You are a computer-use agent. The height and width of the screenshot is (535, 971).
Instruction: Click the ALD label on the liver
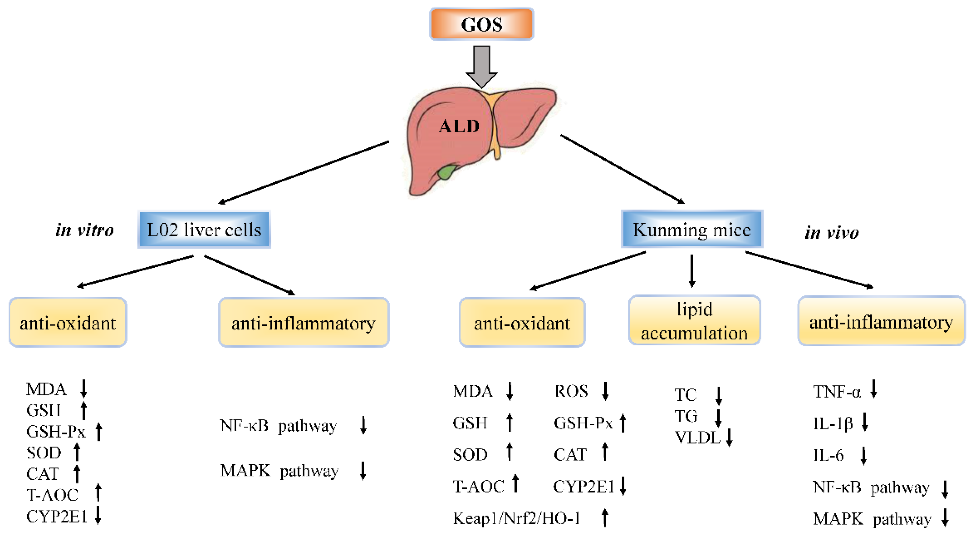[x=459, y=126]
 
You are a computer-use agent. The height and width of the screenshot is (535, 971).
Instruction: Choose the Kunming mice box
[x=692, y=229]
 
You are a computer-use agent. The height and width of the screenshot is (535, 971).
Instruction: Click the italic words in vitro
[x=84, y=230]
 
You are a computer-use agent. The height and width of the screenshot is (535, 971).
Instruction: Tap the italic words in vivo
[x=832, y=232]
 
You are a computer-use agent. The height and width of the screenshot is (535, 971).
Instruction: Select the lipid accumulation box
[x=694, y=321]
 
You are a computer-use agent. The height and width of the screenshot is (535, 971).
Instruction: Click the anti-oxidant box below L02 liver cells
[x=68, y=323]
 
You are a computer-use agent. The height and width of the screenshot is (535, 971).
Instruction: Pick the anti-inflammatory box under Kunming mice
[x=881, y=322]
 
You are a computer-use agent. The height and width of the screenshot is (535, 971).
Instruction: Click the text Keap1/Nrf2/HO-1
[x=516, y=519]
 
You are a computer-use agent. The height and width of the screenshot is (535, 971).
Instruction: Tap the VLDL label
[x=697, y=438]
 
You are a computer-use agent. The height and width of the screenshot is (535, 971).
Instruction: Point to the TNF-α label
[x=837, y=392]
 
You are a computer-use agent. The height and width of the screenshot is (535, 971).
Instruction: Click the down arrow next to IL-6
[x=863, y=456]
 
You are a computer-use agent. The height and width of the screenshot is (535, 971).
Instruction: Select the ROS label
[x=571, y=391]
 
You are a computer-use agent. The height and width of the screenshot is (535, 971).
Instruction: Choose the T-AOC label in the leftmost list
[x=52, y=495]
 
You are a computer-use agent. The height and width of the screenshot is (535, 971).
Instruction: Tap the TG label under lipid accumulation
[x=686, y=416]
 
